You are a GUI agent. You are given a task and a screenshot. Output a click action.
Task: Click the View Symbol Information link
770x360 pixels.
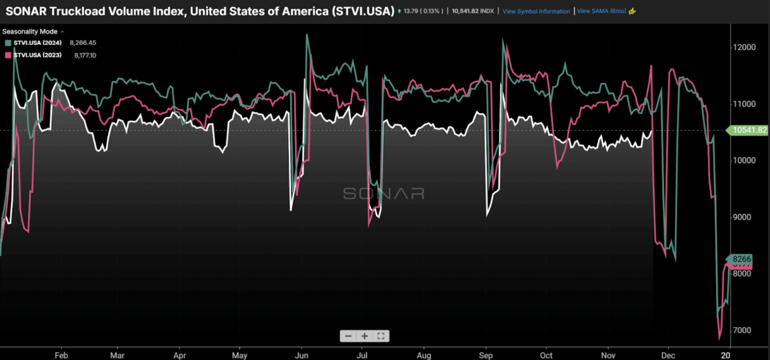[x=536, y=12]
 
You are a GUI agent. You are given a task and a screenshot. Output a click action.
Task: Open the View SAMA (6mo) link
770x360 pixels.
[x=601, y=12]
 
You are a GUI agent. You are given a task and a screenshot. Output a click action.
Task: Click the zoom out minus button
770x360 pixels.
[x=348, y=336]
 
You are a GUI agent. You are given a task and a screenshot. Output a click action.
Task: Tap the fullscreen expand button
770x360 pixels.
[x=381, y=336]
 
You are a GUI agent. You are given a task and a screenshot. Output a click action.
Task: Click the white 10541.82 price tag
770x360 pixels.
[x=749, y=130]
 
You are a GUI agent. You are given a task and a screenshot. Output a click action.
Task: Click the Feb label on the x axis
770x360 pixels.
[x=62, y=354]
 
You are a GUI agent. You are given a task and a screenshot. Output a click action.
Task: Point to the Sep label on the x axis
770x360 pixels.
[x=486, y=354]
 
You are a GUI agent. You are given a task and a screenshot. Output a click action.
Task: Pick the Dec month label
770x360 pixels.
[x=668, y=354]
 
